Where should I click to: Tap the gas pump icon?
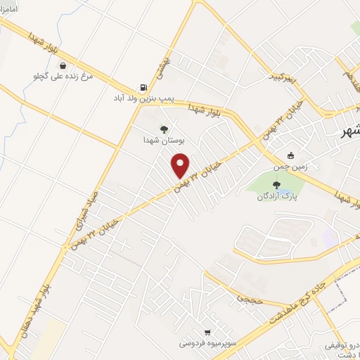coord(143,88)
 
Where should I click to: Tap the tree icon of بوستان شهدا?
coord(164,129)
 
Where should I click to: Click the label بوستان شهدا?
coord(163,140)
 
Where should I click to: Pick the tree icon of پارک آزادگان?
coord(275,186)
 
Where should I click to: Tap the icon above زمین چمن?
coord(291,155)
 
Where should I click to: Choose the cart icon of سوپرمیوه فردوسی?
coord(206,333)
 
